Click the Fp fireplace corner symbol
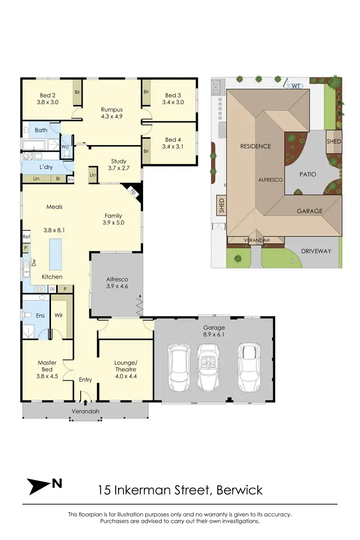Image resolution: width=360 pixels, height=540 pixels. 133,191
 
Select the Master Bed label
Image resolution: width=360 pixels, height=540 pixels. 47,366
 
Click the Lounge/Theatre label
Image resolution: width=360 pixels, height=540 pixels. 125,366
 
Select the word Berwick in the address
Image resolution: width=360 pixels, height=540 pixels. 240,490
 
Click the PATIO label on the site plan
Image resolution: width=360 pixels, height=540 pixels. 308,174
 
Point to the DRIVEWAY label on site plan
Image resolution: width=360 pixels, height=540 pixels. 315,251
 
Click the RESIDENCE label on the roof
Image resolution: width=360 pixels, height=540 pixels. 256,146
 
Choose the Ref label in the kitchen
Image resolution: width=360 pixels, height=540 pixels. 26,237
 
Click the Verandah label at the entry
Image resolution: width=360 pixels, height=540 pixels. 85,411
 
